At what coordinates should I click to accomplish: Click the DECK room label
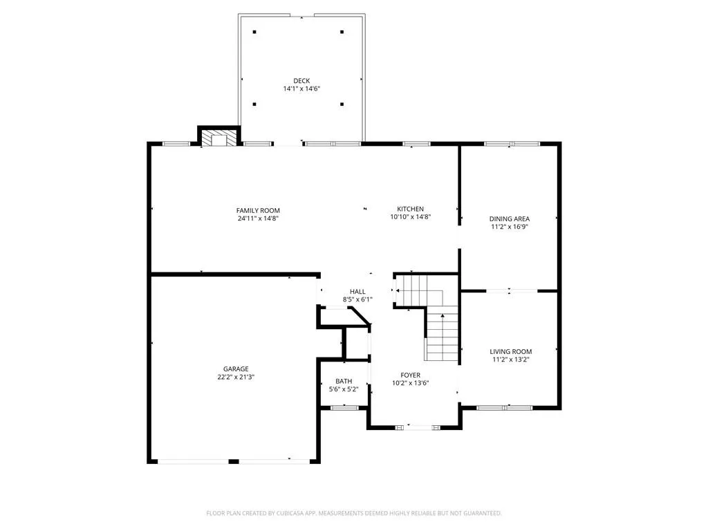click(x=301, y=81)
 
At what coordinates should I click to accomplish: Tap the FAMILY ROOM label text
click(x=258, y=210)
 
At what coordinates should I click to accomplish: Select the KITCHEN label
click(x=411, y=209)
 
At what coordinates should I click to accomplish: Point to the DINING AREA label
click(x=510, y=219)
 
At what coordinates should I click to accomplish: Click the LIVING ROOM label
click(x=511, y=352)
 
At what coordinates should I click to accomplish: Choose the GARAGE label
click(x=236, y=369)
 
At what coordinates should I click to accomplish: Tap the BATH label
click(x=344, y=382)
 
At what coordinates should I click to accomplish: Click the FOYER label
click(x=411, y=375)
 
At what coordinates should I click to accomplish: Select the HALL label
click(x=357, y=292)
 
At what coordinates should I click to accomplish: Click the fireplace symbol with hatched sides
click(x=218, y=138)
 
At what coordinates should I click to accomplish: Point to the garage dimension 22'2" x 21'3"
click(x=236, y=377)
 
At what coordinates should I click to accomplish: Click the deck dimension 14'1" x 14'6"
click(x=301, y=89)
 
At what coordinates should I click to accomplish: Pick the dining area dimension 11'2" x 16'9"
click(x=510, y=227)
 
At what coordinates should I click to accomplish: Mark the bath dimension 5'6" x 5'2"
click(x=344, y=389)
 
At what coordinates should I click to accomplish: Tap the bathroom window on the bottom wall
click(x=344, y=408)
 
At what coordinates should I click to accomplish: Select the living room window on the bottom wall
click(x=504, y=408)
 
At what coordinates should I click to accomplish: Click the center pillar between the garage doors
click(x=234, y=461)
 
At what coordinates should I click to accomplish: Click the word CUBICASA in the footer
click(x=290, y=514)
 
